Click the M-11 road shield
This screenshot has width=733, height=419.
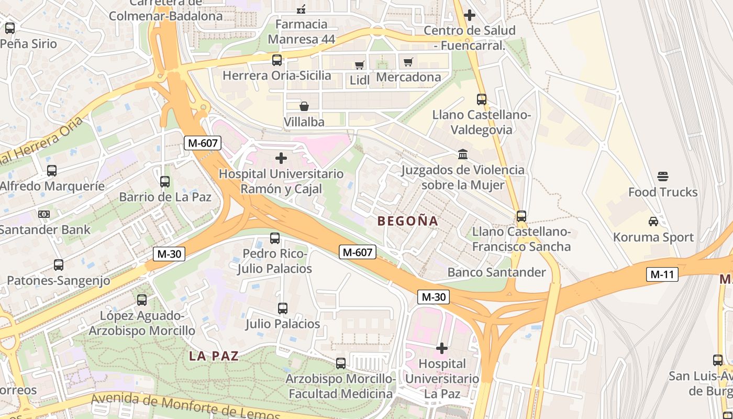click(x=662, y=274)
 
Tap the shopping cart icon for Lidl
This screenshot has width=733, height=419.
click(x=359, y=65)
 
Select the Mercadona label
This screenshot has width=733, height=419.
click(x=408, y=78)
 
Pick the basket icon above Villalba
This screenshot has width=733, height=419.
click(x=304, y=106)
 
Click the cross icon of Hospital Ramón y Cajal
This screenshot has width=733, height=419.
click(x=281, y=158)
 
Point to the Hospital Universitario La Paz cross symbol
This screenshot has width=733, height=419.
click(x=442, y=348)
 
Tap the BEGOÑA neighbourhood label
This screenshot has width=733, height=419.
click(x=407, y=221)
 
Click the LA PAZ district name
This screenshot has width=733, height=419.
click(x=214, y=356)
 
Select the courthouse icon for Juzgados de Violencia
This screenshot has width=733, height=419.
click(x=463, y=154)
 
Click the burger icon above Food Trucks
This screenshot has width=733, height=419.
click(x=663, y=176)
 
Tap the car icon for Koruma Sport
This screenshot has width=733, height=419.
click(x=653, y=221)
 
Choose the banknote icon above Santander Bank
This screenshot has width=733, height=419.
click(x=44, y=214)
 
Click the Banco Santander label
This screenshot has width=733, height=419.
click(x=496, y=272)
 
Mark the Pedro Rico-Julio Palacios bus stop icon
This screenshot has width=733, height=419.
click(x=275, y=238)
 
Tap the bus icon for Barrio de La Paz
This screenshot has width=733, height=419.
click(x=165, y=182)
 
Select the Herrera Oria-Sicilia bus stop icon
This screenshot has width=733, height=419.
click(x=277, y=60)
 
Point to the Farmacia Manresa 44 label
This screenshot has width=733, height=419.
click(x=301, y=31)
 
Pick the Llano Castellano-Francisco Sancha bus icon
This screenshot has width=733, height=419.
click(x=521, y=216)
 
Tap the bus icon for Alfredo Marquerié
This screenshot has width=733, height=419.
click(x=52, y=170)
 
